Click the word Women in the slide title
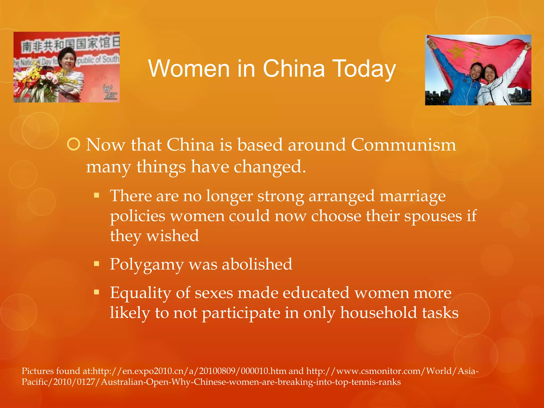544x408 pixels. tap(189, 69)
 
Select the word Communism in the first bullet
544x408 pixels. tap(403, 145)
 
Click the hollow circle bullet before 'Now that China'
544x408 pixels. tap(74, 144)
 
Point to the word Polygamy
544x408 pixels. tap(147, 265)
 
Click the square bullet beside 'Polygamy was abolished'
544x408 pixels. tap(96, 264)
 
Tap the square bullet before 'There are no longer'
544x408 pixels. tap(96, 196)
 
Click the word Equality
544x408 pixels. tap(141, 293)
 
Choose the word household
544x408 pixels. tap(379, 313)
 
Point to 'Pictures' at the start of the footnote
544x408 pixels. tap(37, 371)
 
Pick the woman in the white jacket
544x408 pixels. tap(494, 85)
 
